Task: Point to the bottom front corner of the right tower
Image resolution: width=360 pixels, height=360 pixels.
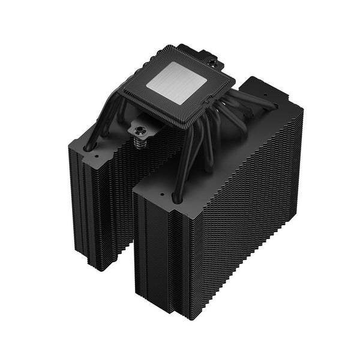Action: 178,315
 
